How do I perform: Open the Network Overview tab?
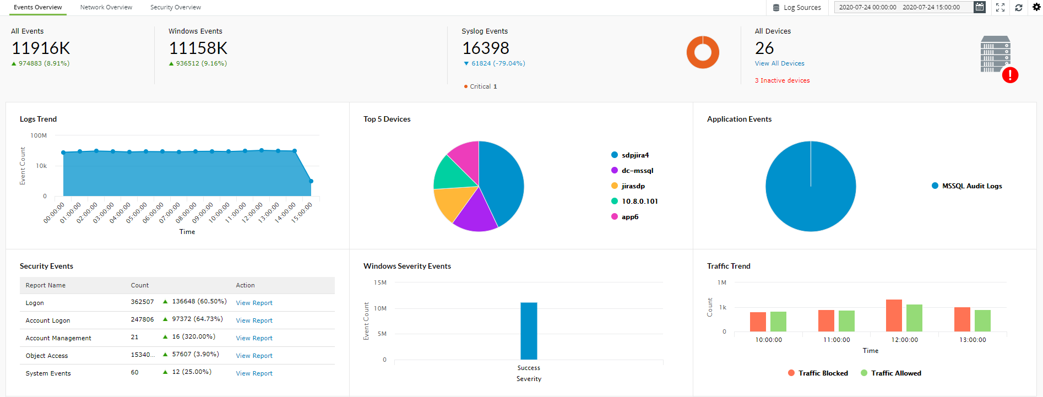click(x=106, y=7)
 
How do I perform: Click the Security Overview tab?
click(x=175, y=7)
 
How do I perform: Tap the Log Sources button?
click(x=797, y=8)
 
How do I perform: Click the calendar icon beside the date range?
click(x=979, y=7)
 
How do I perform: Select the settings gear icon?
click(x=1036, y=7)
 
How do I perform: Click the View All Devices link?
click(x=779, y=63)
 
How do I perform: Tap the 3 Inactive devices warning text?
click(x=782, y=80)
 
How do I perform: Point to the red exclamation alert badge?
click(x=1009, y=75)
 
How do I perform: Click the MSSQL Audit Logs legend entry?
click(x=971, y=186)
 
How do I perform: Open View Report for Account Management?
click(x=254, y=338)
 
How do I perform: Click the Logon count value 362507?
click(x=142, y=302)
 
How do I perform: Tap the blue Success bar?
click(x=529, y=330)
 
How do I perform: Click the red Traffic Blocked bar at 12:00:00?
click(x=894, y=316)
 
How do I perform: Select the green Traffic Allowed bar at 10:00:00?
click(x=778, y=322)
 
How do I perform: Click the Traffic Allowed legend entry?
click(x=895, y=373)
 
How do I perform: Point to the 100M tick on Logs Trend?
click(x=39, y=135)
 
